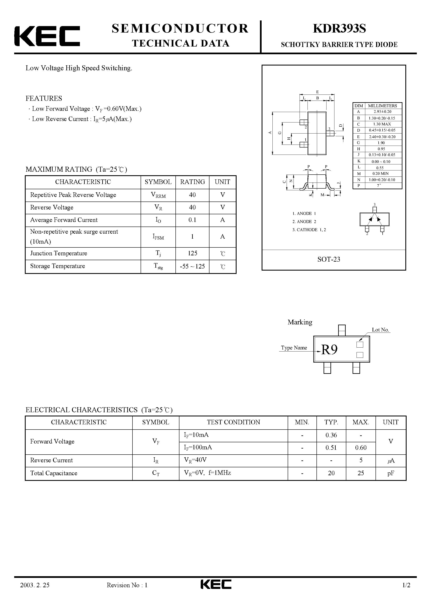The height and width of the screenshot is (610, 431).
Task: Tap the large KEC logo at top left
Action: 47,36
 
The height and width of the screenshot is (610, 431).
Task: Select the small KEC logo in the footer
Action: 216,592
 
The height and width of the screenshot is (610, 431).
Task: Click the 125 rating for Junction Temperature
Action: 192,253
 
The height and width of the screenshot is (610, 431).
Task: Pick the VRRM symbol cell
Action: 158,195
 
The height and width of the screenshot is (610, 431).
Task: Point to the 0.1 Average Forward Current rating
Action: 192,220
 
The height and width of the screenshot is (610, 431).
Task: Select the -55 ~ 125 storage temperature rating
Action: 192,266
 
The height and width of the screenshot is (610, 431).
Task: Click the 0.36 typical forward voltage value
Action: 331,435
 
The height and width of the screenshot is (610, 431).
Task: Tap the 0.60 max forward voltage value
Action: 360,448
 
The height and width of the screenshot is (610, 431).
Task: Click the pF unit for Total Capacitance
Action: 391,473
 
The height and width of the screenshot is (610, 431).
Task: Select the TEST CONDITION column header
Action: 233,422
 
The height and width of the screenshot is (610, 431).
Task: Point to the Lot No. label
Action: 380,330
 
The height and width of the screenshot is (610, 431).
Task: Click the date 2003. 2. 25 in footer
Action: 35,592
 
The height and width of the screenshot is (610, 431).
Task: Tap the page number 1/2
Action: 406,592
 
